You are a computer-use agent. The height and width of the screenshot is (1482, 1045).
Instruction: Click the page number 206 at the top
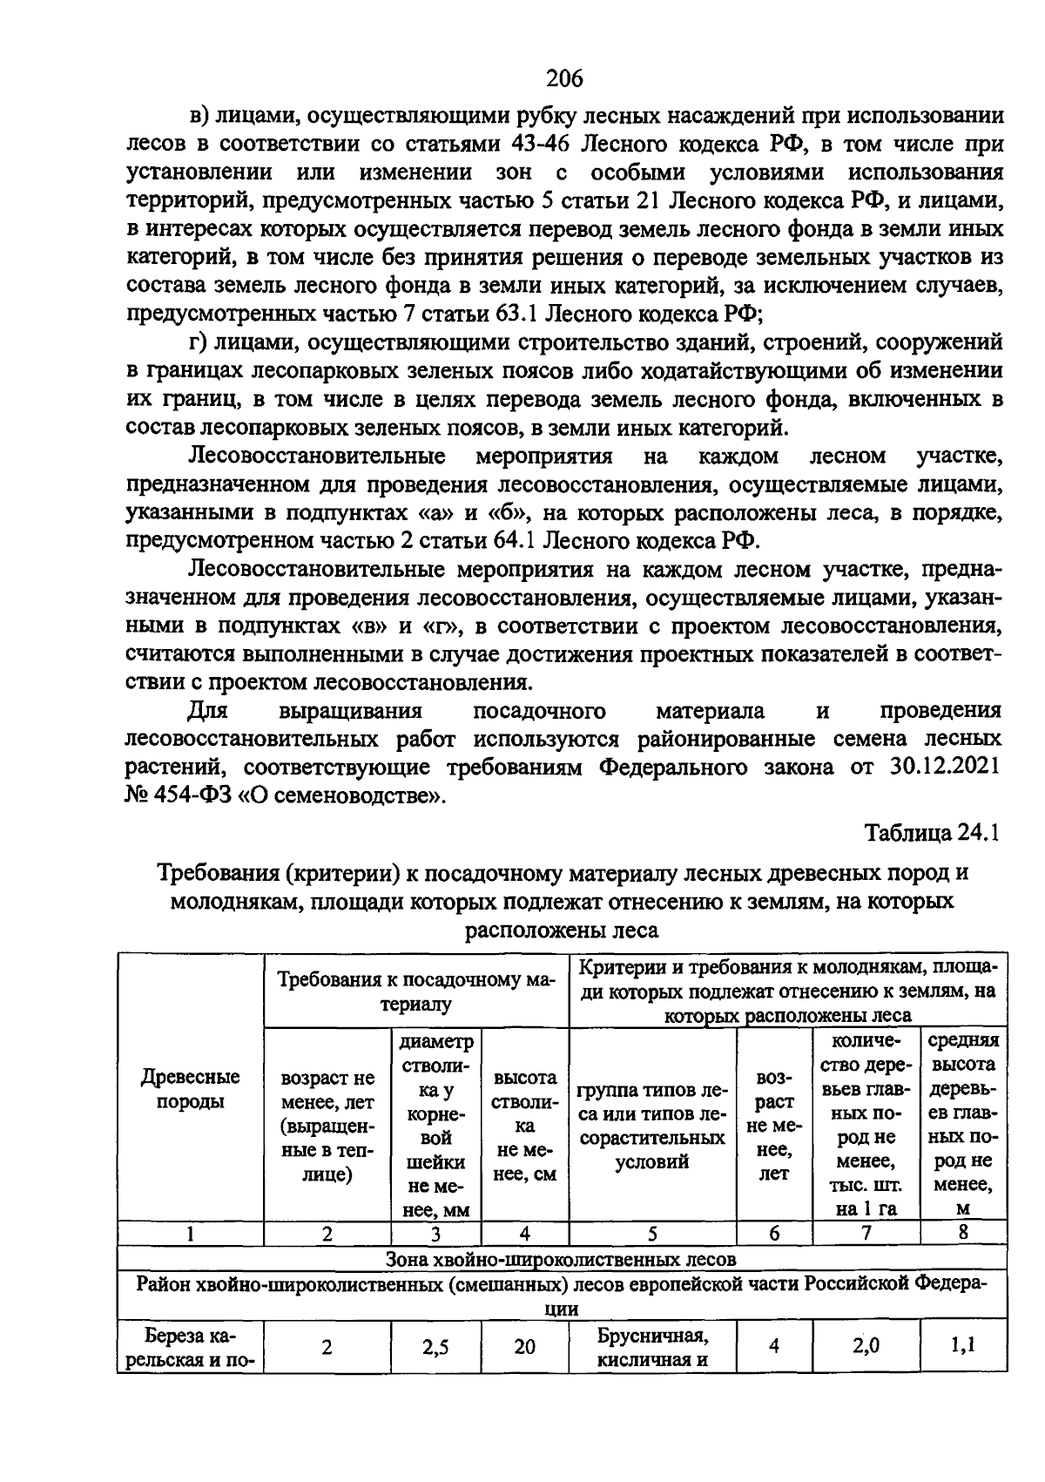(563, 79)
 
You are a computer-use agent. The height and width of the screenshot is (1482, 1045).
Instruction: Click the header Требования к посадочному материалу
(416, 991)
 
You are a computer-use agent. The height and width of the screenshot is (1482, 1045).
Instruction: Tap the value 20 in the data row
(524, 1346)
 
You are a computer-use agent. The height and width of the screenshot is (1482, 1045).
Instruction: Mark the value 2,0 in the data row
(865, 1345)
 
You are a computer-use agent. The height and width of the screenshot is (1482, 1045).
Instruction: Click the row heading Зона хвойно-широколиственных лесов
(562, 1259)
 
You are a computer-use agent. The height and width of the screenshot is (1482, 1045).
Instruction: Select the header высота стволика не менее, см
(524, 1126)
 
